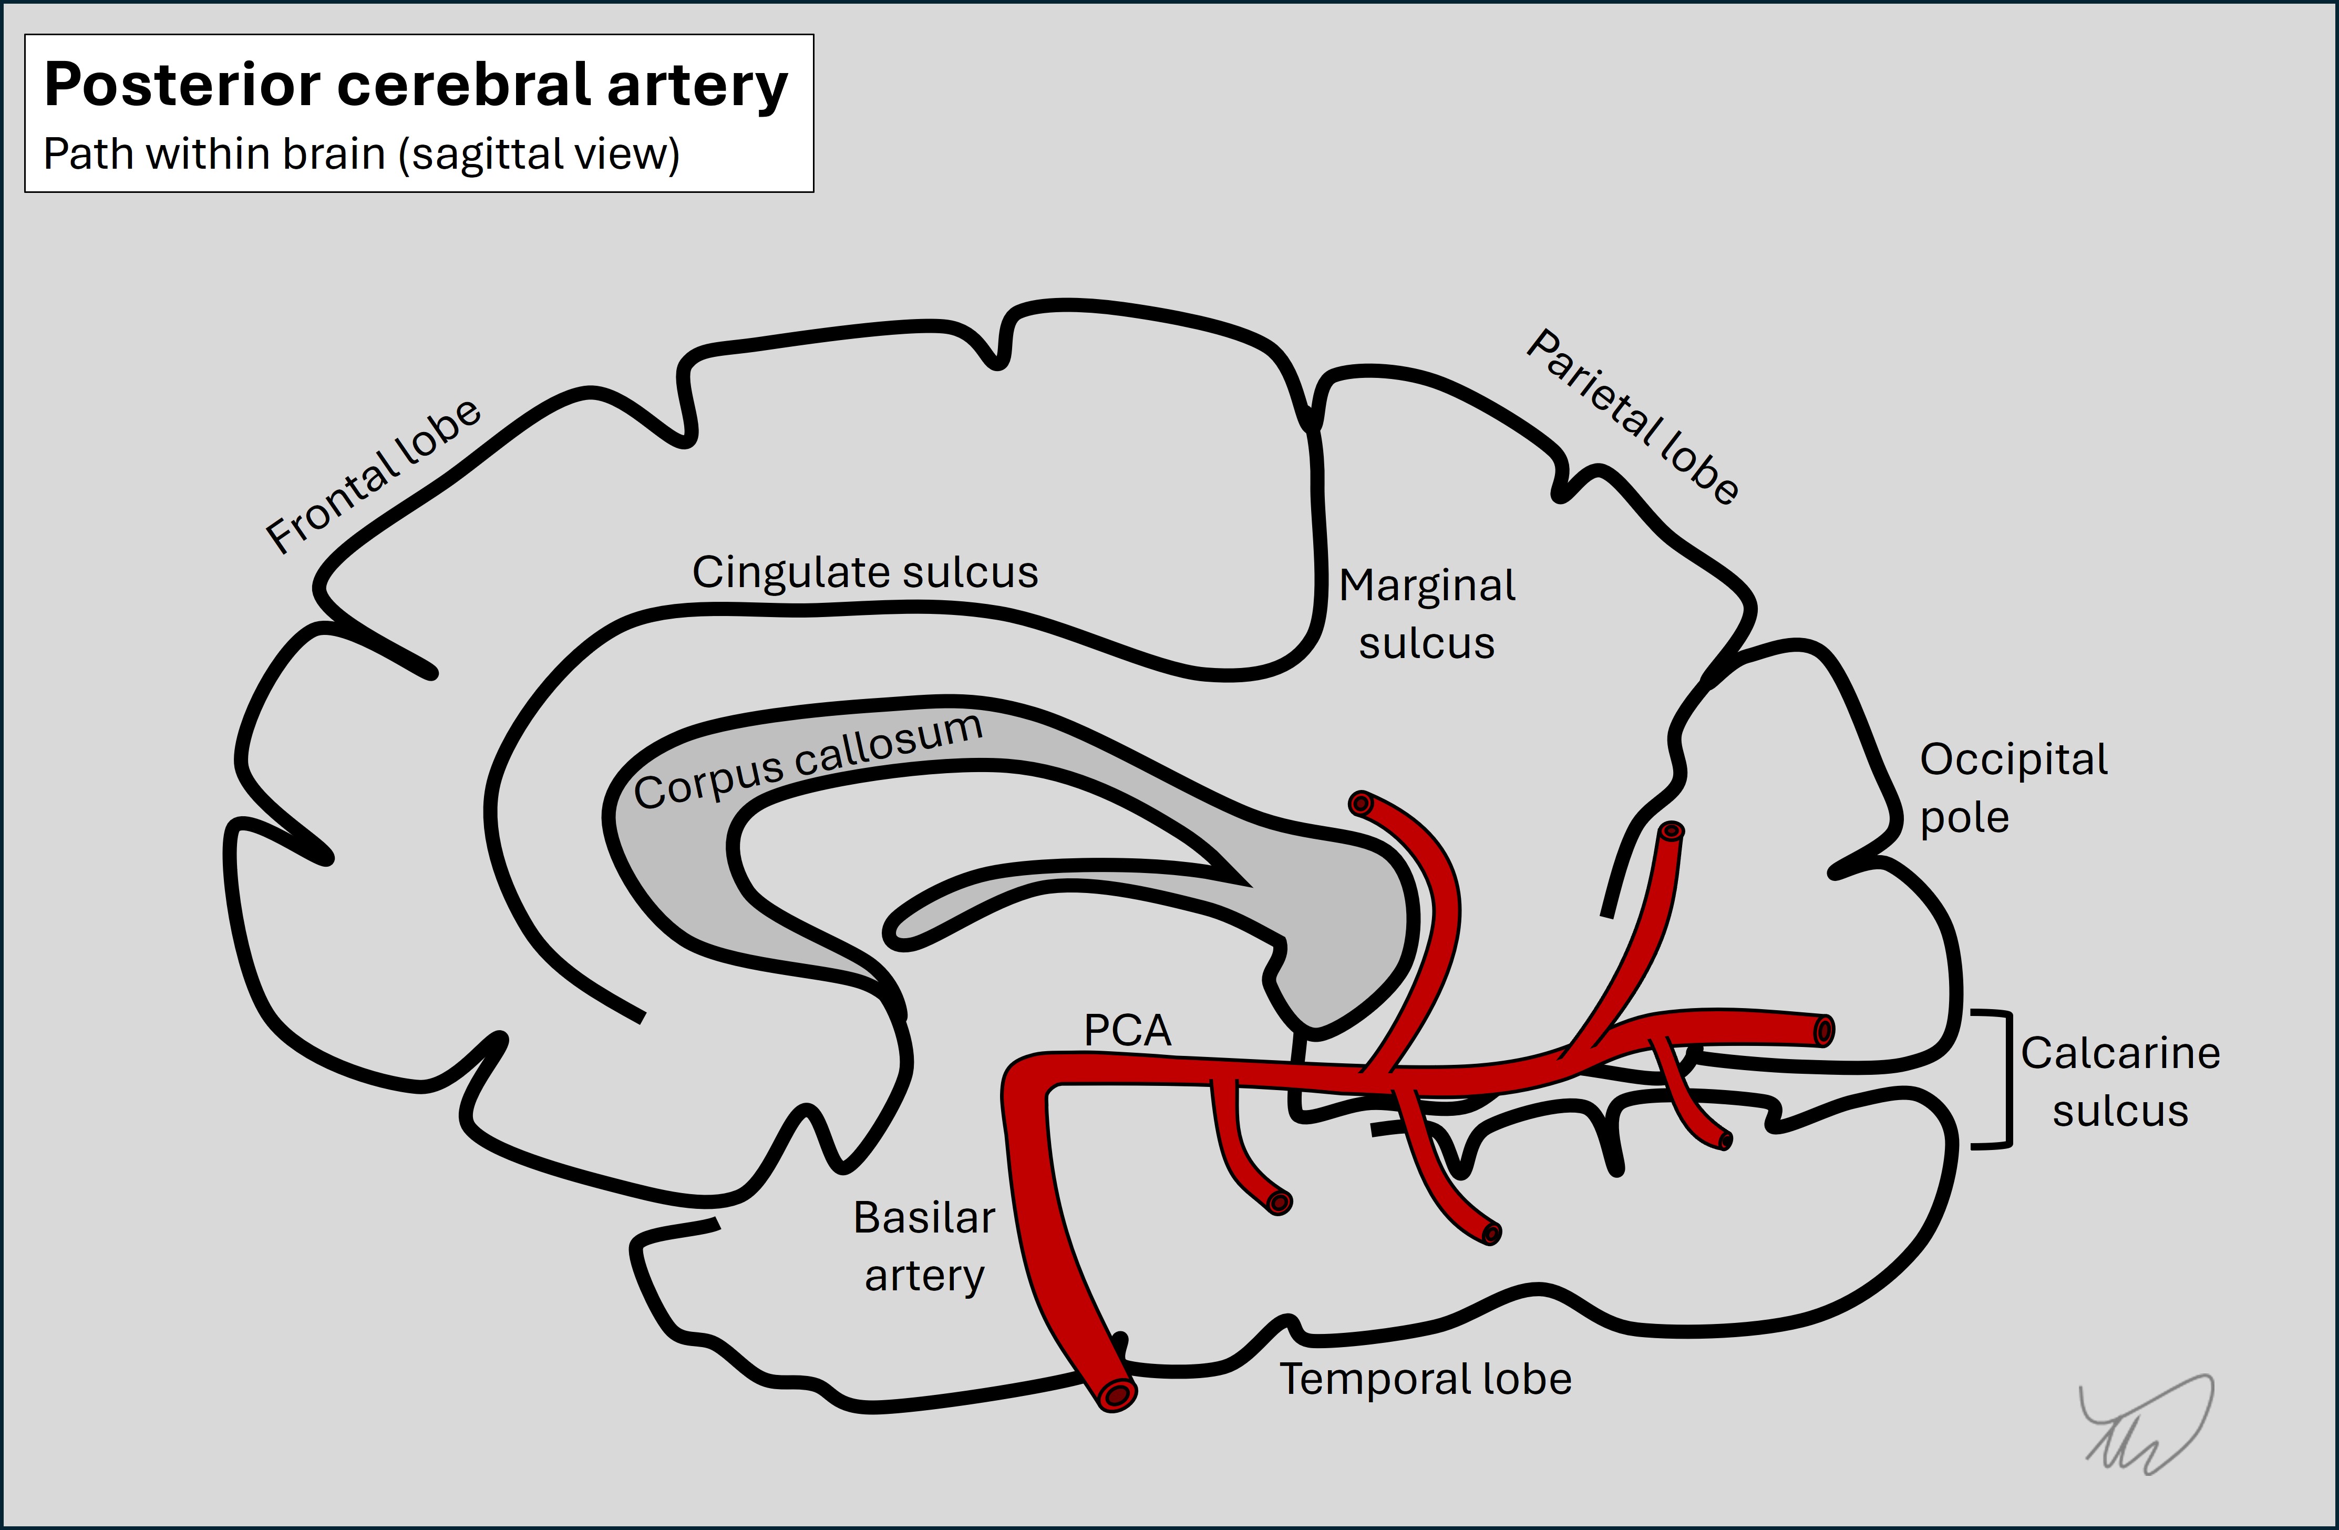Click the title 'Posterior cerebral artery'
[416, 86]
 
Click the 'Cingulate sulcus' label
[865, 572]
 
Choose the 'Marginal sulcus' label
[1427, 614]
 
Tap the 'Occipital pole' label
[2013, 787]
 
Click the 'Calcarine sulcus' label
[2120, 1082]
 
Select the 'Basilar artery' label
[924, 1246]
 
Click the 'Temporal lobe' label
[1425, 1379]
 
